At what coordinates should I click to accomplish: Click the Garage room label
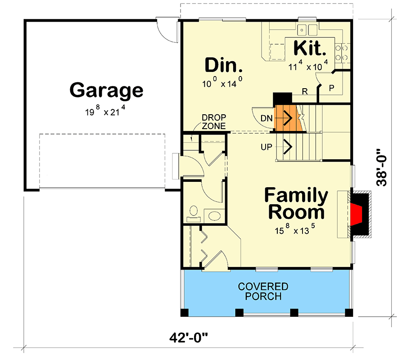pyautogui.click(x=106, y=90)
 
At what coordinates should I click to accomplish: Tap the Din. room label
pyautogui.click(x=224, y=66)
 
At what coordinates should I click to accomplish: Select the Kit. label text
pyautogui.click(x=310, y=48)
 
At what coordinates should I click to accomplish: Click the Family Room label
pyautogui.click(x=296, y=203)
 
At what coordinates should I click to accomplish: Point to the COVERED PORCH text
pyautogui.click(x=263, y=292)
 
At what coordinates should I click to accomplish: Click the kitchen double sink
pyautogui.click(x=307, y=30)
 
